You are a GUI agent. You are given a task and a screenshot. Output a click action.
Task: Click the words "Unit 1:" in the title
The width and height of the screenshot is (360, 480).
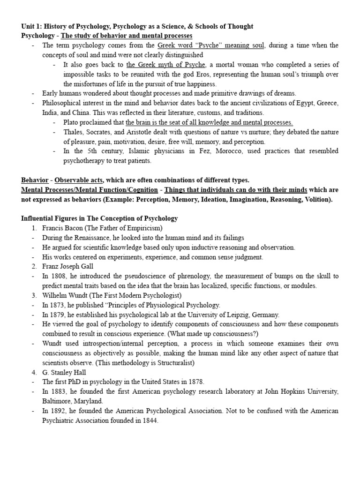(x=32, y=26)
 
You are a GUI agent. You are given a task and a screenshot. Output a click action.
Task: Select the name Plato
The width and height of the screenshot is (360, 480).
(x=73, y=122)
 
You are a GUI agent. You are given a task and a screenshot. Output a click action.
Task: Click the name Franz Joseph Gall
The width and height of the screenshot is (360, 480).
(x=67, y=267)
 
